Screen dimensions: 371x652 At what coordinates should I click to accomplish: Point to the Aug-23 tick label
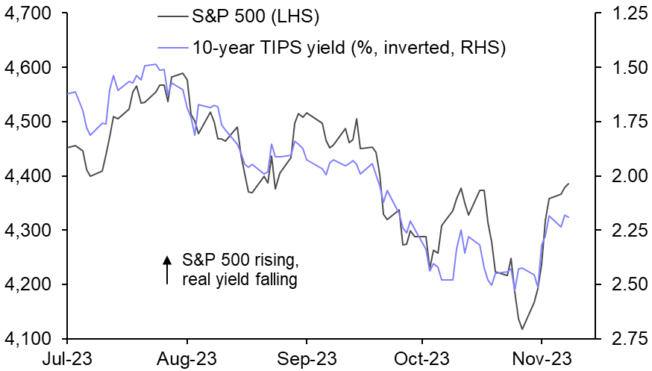(184, 359)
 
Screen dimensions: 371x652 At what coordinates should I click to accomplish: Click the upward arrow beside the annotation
(166, 270)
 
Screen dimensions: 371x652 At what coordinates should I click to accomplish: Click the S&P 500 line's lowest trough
(522, 329)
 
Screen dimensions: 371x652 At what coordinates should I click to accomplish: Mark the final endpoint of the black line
(568, 184)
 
